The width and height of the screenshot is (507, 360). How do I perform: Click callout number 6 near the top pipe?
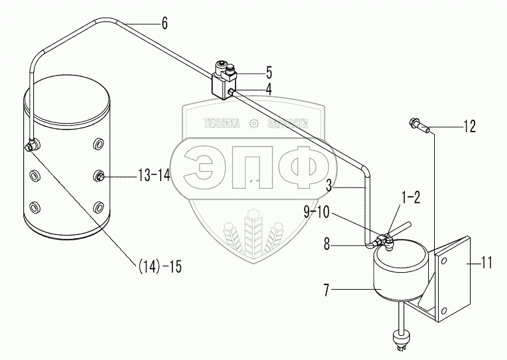[165, 24]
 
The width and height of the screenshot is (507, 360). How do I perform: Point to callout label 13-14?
[154, 175]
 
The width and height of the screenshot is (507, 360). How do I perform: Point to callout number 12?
[469, 127]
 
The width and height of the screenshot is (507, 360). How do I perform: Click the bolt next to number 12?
[417, 124]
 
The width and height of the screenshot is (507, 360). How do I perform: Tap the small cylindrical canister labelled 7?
[398, 272]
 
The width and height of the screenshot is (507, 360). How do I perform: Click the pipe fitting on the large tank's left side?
[30, 147]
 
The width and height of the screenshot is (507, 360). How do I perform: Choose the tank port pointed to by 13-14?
[98, 175]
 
